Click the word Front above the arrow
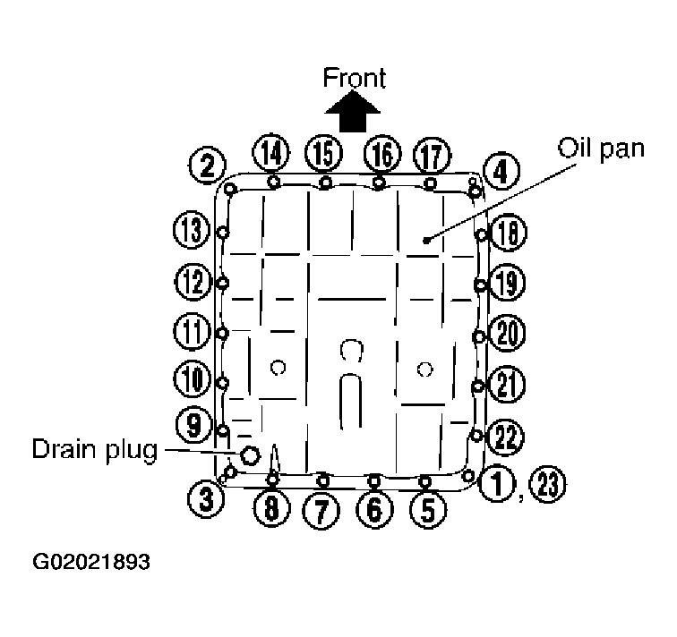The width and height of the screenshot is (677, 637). click(354, 78)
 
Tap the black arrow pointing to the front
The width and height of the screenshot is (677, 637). click(353, 114)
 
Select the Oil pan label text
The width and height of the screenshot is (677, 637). click(600, 149)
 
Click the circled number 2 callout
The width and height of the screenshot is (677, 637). click(207, 165)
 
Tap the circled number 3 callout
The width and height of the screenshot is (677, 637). click(207, 497)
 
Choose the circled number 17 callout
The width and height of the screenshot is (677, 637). click(431, 155)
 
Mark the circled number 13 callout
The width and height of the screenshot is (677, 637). click(190, 232)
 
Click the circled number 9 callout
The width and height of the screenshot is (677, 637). click(193, 424)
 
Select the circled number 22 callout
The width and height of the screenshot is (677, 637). click(506, 437)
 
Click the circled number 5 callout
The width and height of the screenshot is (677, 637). click(427, 509)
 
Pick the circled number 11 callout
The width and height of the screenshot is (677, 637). click(190, 333)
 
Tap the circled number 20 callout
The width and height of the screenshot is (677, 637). click(508, 334)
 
